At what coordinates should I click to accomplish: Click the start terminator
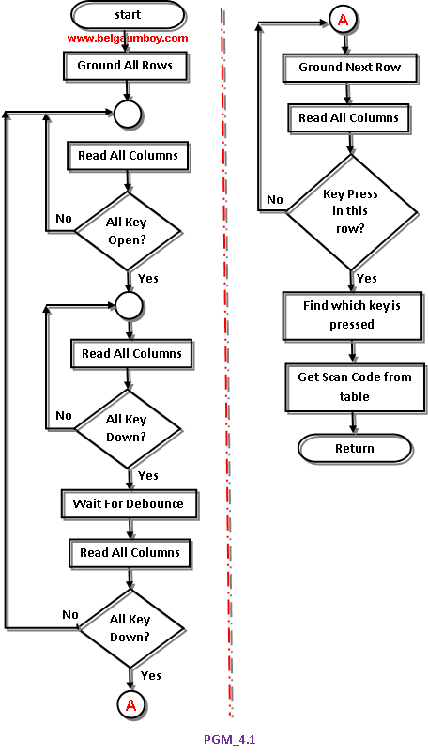[128, 15]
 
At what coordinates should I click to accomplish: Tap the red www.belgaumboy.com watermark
[128, 38]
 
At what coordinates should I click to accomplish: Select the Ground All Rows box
[125, 66]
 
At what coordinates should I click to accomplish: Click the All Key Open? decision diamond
[128, 231]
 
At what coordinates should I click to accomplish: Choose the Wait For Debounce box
[129, 504]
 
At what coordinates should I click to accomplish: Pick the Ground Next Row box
[349, 68]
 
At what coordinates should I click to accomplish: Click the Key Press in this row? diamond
[352, 211]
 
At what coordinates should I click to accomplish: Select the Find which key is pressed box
[352, 315]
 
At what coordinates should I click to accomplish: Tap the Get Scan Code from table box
[355, 387]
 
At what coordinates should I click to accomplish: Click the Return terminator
[355, 449]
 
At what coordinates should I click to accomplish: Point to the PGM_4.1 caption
[229, 739]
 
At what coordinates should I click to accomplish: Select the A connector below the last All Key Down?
[130, 705]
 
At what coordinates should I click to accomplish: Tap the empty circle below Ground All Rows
[128, 115]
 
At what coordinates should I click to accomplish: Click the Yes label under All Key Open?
[147, 279]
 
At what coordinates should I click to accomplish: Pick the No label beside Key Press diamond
[275, 199]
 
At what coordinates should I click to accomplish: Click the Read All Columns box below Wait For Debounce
[130, 553]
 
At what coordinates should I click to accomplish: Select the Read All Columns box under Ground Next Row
[348, 118]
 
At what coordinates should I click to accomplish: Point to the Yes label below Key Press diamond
[367, 279]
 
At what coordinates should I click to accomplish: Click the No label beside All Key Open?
[64, 219]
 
